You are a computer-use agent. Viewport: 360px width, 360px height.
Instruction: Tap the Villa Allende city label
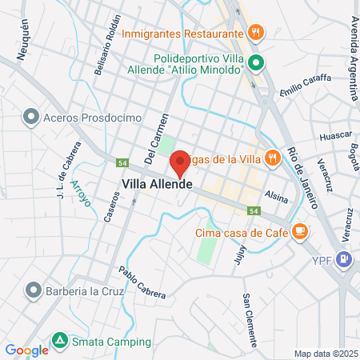(157, 183)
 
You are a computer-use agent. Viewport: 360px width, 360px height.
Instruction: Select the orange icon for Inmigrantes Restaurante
(256, 33)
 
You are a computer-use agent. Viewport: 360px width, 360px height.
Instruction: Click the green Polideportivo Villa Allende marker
(256, 62)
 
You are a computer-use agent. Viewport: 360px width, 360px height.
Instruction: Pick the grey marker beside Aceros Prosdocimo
(31, 118)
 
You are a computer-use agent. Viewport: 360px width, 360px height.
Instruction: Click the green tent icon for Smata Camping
(59, 342)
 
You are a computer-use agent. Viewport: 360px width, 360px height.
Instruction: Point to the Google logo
(26, 350)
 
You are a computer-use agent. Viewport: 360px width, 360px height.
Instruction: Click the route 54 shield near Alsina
(253, 210)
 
